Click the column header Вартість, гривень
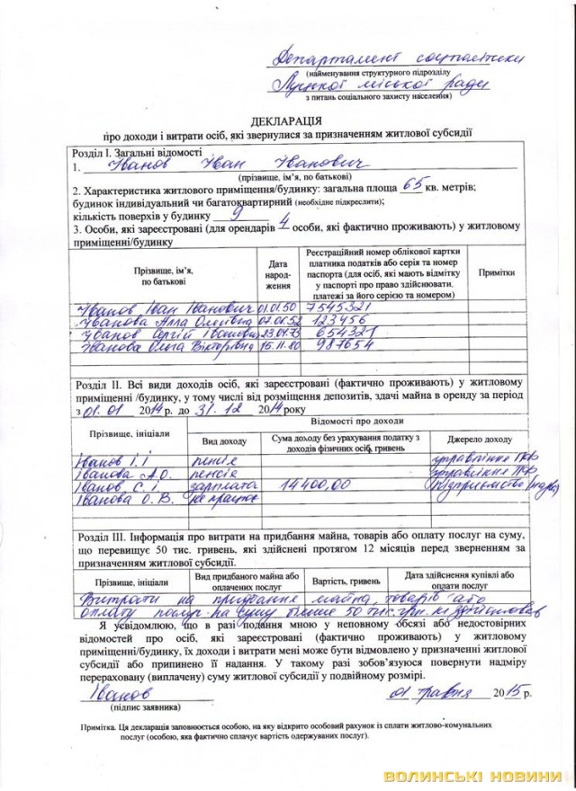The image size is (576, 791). tap(346, 581)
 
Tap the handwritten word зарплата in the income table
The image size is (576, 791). tap(225, 484)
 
